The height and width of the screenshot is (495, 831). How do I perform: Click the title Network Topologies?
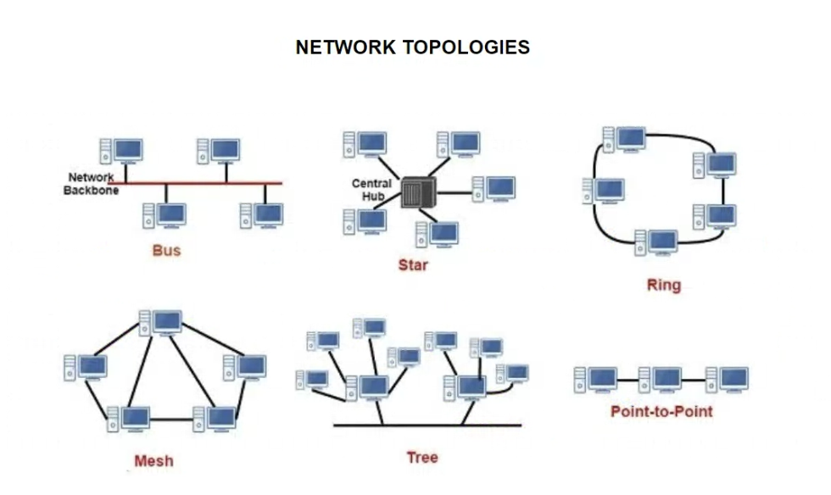(413, 47)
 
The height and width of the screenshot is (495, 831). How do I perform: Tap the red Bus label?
(166, 251)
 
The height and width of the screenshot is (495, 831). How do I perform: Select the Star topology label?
(413, 265)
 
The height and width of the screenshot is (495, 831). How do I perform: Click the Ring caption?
(663, 285)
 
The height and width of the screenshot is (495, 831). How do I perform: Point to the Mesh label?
(153, 461)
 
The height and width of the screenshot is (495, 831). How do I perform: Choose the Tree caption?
(421, 458)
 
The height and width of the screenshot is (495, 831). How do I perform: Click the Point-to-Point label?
(661, 412)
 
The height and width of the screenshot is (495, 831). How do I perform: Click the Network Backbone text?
(91, 184)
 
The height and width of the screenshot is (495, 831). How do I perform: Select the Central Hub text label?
(371, 190)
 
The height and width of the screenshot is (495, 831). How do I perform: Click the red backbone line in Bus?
(204, 182)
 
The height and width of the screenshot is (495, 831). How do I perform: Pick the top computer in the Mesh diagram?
(161, 322)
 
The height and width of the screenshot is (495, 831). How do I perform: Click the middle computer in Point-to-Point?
(661, 379)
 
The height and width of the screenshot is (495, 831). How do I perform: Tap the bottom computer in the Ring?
(656, 242)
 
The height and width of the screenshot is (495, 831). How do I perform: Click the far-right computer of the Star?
(495, 188)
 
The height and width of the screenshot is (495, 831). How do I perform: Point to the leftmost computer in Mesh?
(86, 368)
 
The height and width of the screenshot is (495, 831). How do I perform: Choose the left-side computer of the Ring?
(605, 190)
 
